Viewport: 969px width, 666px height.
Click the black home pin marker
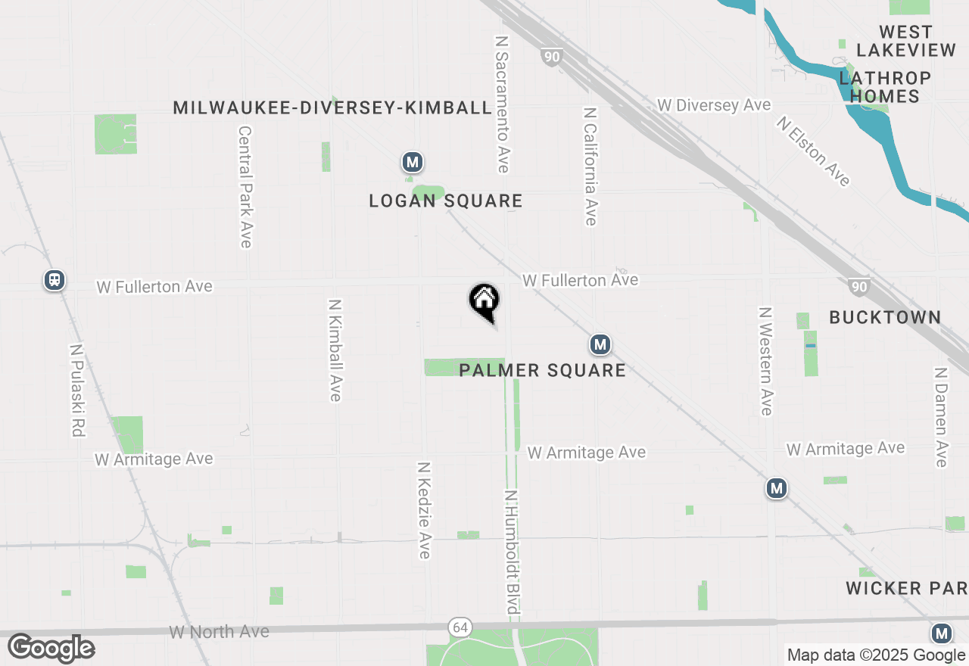(x=484, y=301)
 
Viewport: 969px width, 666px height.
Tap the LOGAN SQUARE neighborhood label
(x=445, y=201)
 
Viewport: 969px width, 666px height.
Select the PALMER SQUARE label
(x=542, y=370)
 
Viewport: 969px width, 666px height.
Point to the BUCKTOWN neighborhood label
(x=884, y=317)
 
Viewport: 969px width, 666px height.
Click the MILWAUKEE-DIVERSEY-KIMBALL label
(x=332, y=107)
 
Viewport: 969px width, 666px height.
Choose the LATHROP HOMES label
(x=884, y=87)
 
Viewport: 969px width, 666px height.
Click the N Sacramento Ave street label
(x=502, y=103)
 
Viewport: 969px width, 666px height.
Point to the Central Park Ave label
(x=245, y=186)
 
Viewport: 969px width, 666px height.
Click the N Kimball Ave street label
(x=335, y=350)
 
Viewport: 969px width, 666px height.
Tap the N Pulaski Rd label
(x=76, y=391)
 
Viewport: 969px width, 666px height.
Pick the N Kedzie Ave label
(x=424, y=510)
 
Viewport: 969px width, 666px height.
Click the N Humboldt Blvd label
(x=513, y=552)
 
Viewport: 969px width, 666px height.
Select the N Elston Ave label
(x=813, y=151)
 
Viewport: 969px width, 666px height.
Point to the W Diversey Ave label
(x=714, y=105)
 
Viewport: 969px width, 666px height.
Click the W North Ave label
(x=219, y=631)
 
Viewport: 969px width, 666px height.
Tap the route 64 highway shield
(x=459, y=627)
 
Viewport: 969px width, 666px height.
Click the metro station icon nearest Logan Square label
(x=412, y=162)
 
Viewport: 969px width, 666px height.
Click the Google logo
(x=51, y=649)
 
